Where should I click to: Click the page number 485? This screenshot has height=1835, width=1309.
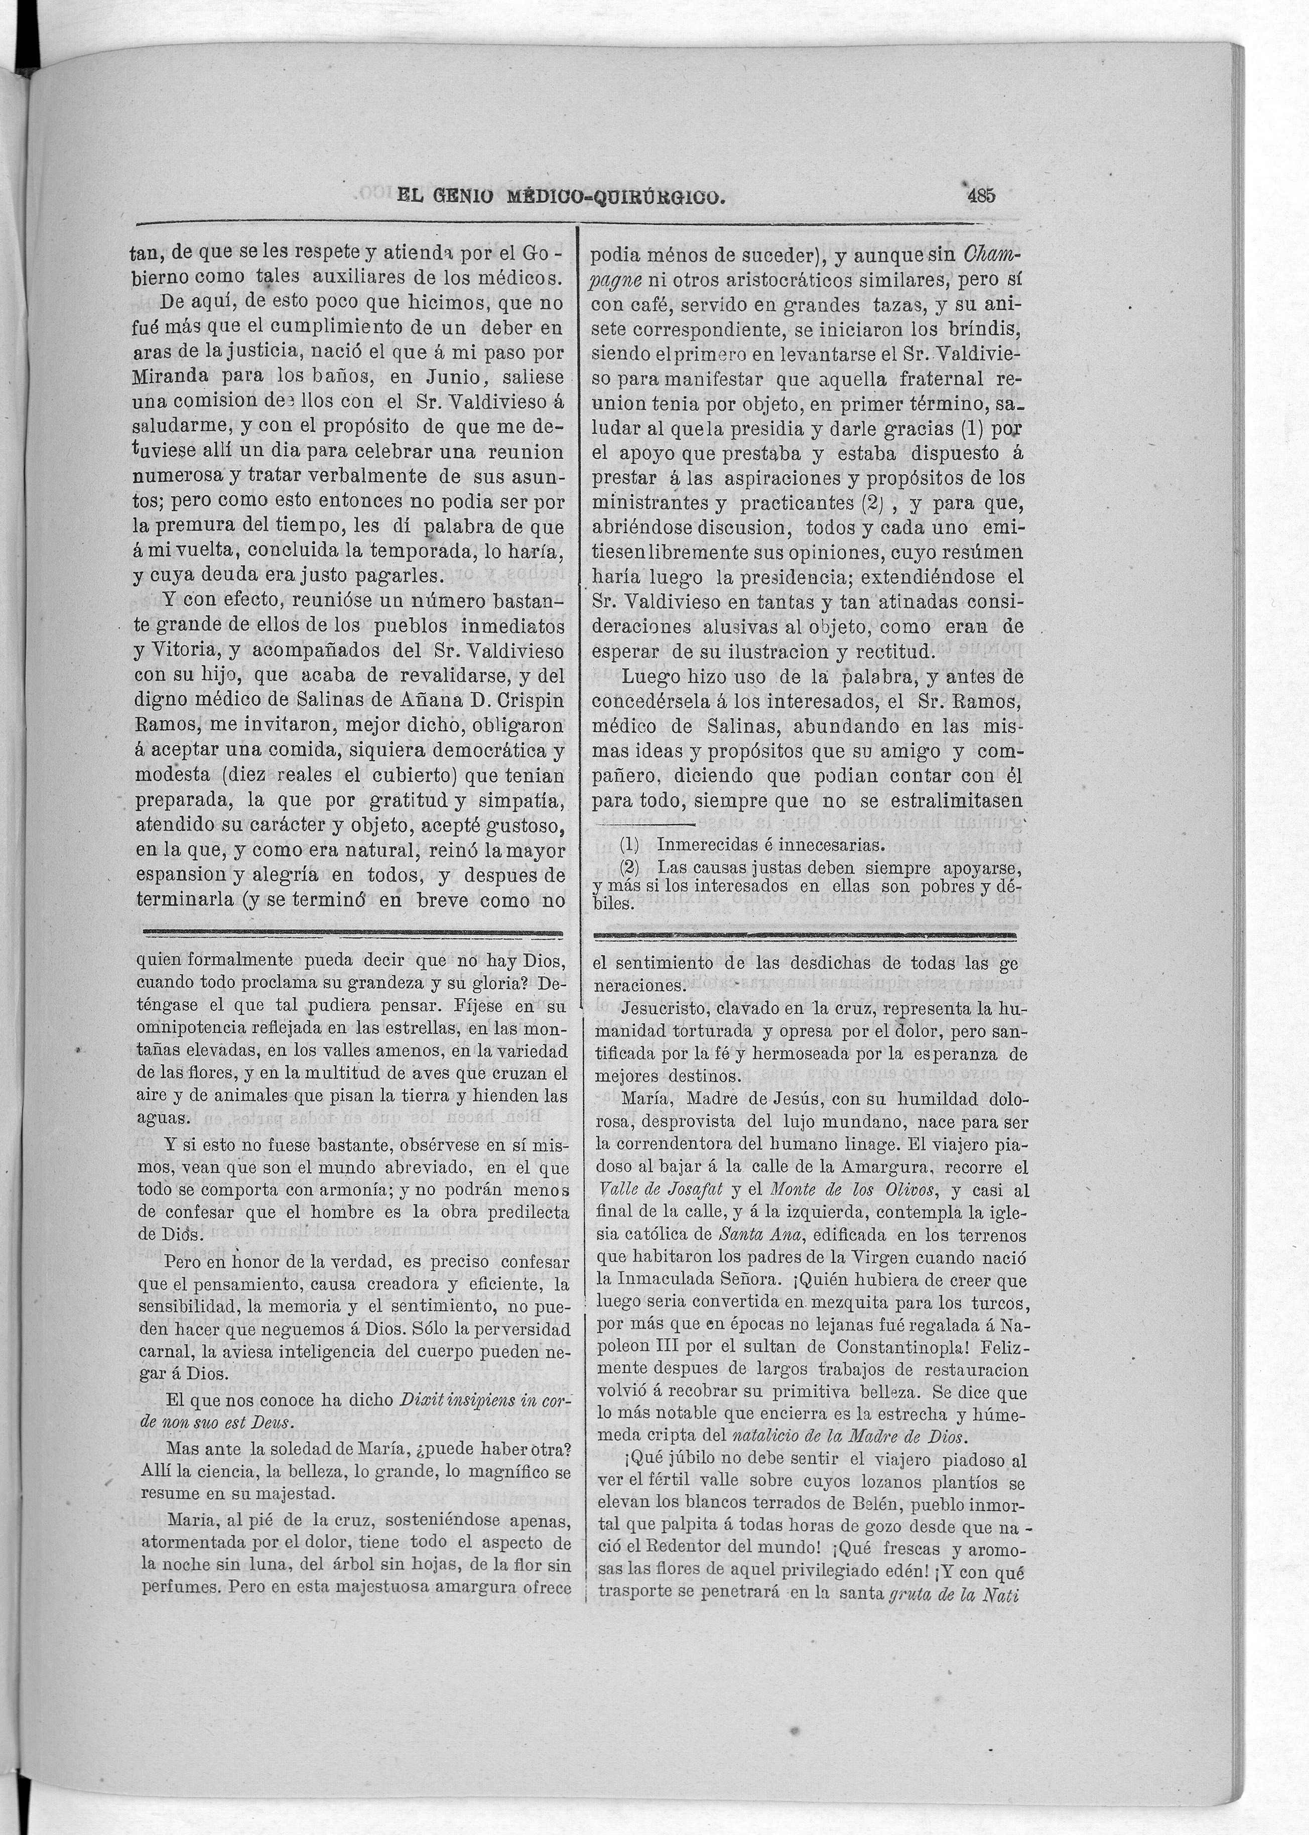coord(983,195)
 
